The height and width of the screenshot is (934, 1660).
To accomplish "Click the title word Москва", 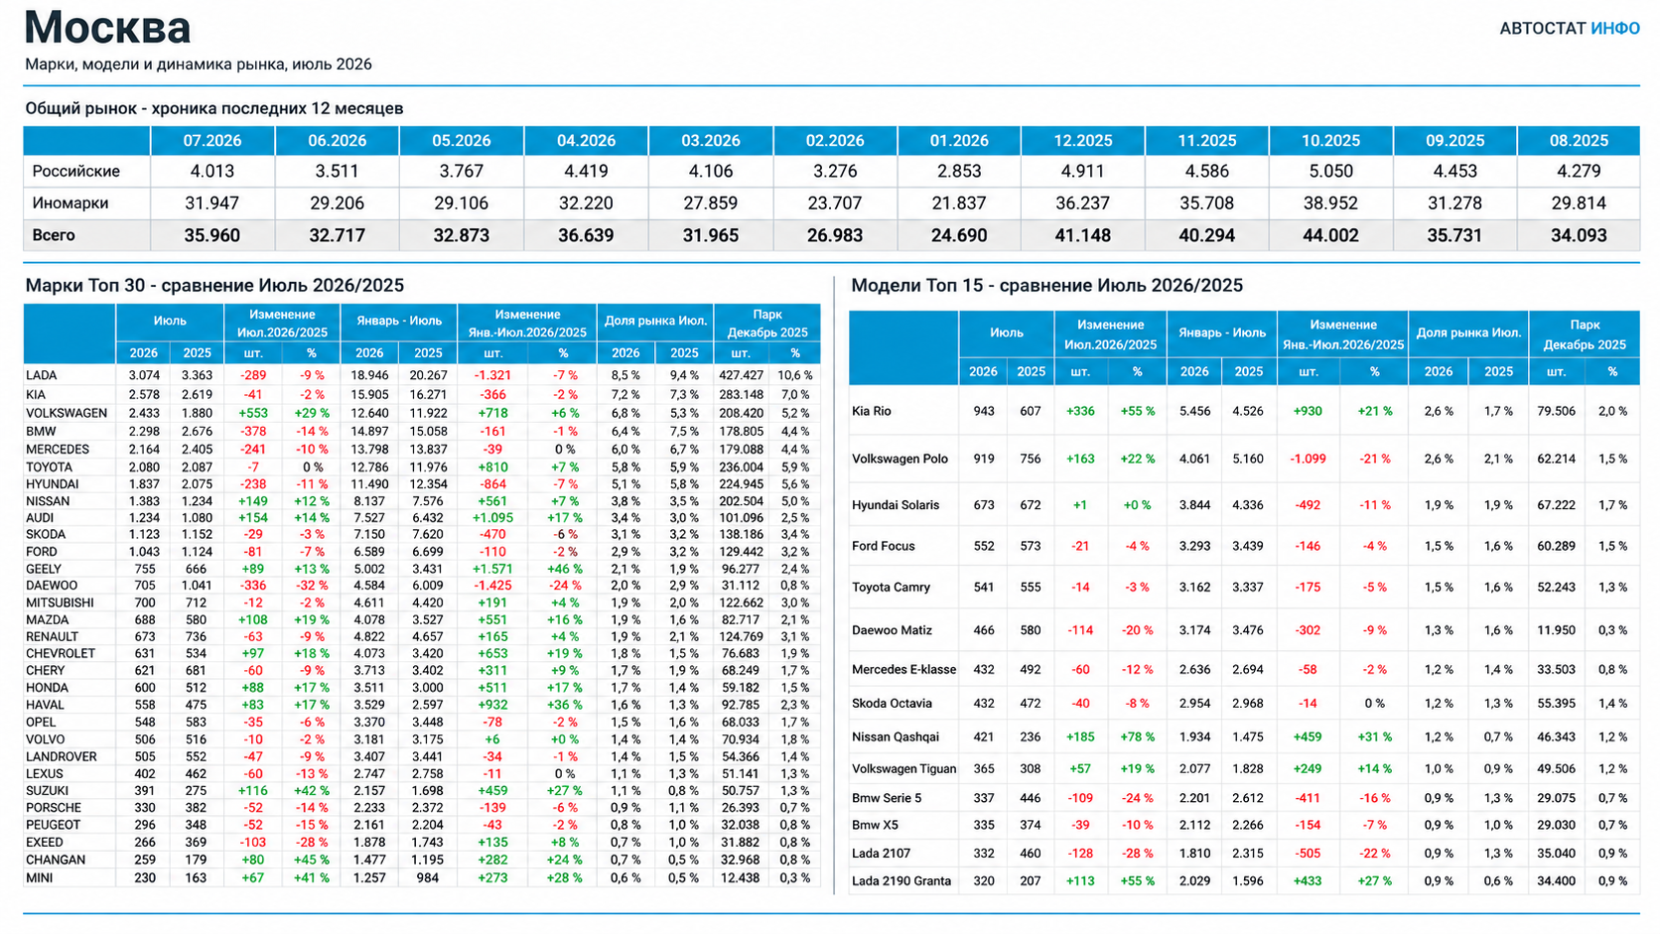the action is (x=107, y=28).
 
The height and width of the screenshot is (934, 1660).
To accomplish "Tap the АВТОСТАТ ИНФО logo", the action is (x=1570, y=28).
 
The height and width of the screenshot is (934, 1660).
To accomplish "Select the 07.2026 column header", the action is (x=211, y=141).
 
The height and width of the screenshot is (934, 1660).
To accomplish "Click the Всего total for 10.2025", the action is (x=1331, y=235).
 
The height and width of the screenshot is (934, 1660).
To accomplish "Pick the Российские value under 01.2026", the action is (x=959, y=171).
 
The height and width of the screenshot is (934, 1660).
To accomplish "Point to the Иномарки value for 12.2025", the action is (x=1083, y=202).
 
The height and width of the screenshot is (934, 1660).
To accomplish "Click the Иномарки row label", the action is (x=70, y=202).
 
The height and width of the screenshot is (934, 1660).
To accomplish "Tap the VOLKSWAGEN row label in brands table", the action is (x=67, y=413).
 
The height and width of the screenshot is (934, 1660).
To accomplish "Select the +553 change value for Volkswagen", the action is (x=253, y=413).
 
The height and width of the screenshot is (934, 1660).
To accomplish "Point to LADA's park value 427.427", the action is (x=741, y=375).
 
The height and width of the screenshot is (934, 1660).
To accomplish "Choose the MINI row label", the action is (x=40, y=877).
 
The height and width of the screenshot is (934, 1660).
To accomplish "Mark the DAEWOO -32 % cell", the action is (x=312, y=586).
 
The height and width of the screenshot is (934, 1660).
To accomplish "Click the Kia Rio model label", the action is (x=872, y=411).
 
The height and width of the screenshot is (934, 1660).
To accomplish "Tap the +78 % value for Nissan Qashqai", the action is (x=1137, y=737).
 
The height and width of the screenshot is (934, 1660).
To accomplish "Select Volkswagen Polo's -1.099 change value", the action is (x=1308, y=459).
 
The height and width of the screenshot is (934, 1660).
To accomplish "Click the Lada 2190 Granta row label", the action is (x=901, y=880).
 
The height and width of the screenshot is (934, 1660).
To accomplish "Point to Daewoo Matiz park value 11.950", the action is (x=1557, y=630).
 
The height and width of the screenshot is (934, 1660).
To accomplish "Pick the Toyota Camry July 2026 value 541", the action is (x=984, y=588).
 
